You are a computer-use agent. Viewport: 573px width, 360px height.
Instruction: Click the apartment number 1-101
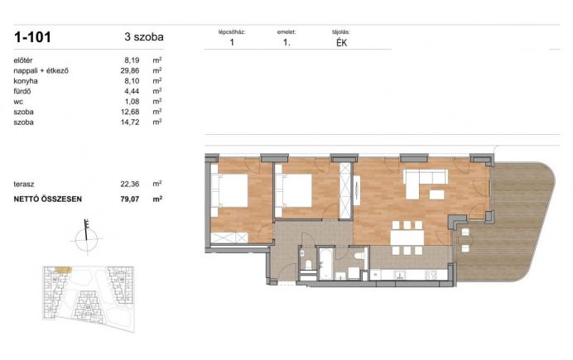point(32,37)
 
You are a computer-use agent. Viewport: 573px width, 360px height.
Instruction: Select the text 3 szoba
point(144,37)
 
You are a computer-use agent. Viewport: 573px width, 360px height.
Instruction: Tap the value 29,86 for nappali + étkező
point(130,71)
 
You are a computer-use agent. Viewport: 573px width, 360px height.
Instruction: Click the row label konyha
point(26,81)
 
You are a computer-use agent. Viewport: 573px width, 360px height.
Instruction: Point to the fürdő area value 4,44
point(132,91)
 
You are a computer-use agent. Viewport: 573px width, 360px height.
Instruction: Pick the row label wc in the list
point(18,102)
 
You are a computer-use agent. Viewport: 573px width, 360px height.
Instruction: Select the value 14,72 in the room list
point(130,122)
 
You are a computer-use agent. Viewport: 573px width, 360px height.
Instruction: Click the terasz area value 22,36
point(130,184)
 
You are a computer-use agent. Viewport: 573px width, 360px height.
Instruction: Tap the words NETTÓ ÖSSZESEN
point(48,199)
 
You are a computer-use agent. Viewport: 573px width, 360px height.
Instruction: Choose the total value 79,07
point(130,199)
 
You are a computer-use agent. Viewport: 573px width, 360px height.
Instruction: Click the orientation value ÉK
point(341,43)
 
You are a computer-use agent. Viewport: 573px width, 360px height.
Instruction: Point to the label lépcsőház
point(232,32)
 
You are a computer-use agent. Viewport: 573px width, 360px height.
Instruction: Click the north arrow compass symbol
point(87,237)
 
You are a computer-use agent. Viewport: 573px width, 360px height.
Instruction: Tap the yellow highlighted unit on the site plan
point(63,270)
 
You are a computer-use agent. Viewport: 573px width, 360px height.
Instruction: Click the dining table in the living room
point(407,238)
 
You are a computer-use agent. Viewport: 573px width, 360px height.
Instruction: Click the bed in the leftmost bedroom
point(229,190)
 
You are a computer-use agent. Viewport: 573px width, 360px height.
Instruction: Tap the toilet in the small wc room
point(308,264)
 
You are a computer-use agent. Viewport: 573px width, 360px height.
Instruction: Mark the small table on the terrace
point(465,240)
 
